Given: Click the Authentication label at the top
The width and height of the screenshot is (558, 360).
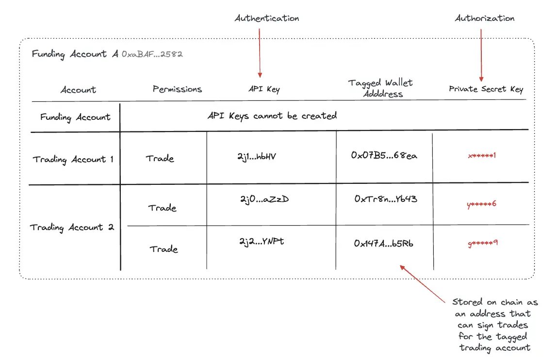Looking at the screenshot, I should pos(267,18).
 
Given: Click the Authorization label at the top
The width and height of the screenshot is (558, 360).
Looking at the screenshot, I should pos(484,18).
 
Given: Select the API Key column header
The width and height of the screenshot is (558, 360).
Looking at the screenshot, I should pos(264,89).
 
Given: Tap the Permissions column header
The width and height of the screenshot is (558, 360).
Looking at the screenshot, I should pos(177,89).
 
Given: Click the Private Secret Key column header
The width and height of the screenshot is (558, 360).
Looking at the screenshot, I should pos(486,89).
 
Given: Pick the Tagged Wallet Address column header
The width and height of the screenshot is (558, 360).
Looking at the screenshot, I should pos(380,88).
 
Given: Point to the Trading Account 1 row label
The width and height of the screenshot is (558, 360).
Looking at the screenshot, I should pos(73,159).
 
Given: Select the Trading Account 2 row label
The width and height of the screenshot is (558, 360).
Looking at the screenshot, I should pos(72,227).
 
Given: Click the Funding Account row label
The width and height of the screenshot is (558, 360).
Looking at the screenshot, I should pos(75,117).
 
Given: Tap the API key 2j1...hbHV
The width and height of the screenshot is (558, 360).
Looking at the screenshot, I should pos(257,156).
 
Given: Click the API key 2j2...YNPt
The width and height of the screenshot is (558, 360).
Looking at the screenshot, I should pos(261,241).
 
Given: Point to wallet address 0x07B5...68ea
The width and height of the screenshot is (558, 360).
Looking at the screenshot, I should pos(384,156).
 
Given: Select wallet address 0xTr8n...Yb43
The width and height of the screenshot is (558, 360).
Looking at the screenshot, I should pos(386,199).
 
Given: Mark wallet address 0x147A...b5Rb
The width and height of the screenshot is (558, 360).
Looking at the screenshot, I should pos(383,244).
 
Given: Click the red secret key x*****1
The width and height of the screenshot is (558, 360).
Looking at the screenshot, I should pos(482,156).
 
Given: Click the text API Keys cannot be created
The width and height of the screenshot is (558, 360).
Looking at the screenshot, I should pos(272,116).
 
